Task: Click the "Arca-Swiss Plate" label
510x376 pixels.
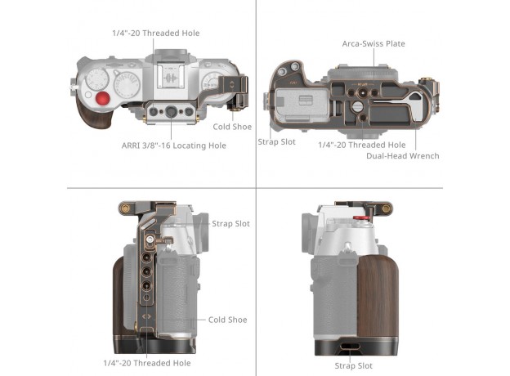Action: (374, 43)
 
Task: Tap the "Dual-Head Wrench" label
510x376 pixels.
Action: (403, 156)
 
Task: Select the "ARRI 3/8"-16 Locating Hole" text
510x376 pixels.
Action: (174, 145)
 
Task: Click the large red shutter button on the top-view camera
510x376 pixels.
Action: (102, 99)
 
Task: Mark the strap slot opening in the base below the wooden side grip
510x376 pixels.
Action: (350, 347)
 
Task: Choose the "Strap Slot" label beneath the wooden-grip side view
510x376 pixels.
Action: (354, 366)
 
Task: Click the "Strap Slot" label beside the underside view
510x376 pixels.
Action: (276, 141)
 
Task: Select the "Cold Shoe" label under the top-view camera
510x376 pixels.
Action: (232, 127)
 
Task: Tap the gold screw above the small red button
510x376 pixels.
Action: (386, 208)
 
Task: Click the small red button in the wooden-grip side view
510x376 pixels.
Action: (361, 217)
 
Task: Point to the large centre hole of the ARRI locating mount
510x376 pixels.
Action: (171, 111)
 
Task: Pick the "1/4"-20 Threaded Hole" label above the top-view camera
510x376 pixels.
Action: (156, 34)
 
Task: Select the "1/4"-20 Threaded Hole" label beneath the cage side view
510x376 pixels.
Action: (147, 363)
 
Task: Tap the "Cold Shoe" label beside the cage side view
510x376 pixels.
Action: (228, 320)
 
